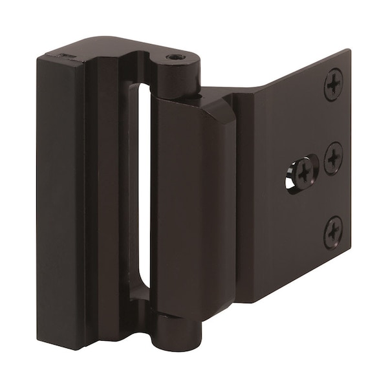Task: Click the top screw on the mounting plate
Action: [x=333, y=84]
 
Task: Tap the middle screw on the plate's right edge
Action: [x=333, y=157]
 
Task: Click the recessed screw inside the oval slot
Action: [x=303, y=172]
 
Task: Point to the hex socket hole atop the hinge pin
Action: [x=175, y=58]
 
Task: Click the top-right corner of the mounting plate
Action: [x=350, y=50]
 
